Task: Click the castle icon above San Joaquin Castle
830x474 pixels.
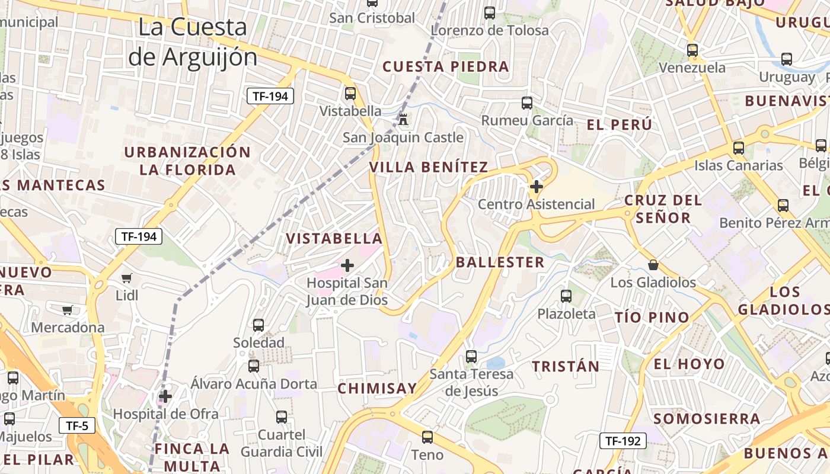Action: [404, 119]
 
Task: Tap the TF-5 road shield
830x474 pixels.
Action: [77, 425]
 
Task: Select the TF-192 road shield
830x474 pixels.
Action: [622, 440]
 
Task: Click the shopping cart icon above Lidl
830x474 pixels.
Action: [126, 277]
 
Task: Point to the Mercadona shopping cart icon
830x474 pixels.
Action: [68, 309]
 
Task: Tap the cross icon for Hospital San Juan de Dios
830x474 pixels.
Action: [347, 265]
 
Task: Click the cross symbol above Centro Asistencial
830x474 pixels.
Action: [536, 187]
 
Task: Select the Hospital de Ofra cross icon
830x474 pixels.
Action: [165, 396]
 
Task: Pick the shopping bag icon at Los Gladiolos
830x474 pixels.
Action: [653, 264]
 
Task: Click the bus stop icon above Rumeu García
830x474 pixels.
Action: [527, 103]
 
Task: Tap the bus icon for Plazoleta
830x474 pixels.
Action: [566, 296]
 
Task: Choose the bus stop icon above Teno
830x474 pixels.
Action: [427, 437]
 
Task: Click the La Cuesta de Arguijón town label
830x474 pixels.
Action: [193, 42]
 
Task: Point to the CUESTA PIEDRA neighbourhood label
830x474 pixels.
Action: [446, 66]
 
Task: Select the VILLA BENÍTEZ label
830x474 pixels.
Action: [429, 167]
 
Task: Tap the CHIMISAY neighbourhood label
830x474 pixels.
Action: [377, 388]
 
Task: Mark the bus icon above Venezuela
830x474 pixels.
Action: [692, 50]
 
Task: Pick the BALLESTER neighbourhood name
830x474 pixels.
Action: [500, 262]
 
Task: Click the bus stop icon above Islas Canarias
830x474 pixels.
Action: [738, 148]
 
